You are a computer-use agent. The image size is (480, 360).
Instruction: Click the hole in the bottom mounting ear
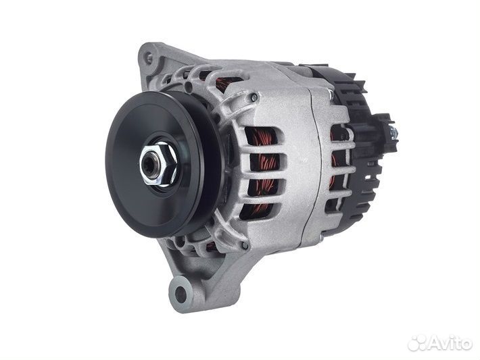[x=181, y=293]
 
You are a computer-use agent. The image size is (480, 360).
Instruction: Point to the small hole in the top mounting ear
[x=149, y=57]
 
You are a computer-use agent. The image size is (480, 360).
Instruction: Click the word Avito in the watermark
[x=451, y=343]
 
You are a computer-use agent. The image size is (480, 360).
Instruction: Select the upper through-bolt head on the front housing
[x=254, y=97]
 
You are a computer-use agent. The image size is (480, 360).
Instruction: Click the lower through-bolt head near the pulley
[x=244, y=245]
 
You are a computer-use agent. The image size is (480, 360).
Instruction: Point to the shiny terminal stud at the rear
[x=393, y=132]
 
